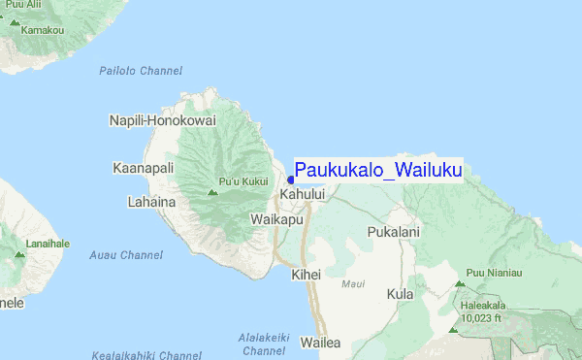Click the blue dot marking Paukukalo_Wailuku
(291, 179)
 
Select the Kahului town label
(302, 195)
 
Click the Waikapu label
(277, 220)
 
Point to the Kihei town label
(306, 276)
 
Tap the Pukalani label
(393, 232)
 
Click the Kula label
(400, 293)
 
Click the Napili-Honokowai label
(161, 119)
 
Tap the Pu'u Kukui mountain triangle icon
(213, 192)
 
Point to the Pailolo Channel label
(141, 71)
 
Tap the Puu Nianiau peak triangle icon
(459, 284)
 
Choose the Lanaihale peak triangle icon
(18, 254)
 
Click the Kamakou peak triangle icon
(15, 18)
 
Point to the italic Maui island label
(353, 284)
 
